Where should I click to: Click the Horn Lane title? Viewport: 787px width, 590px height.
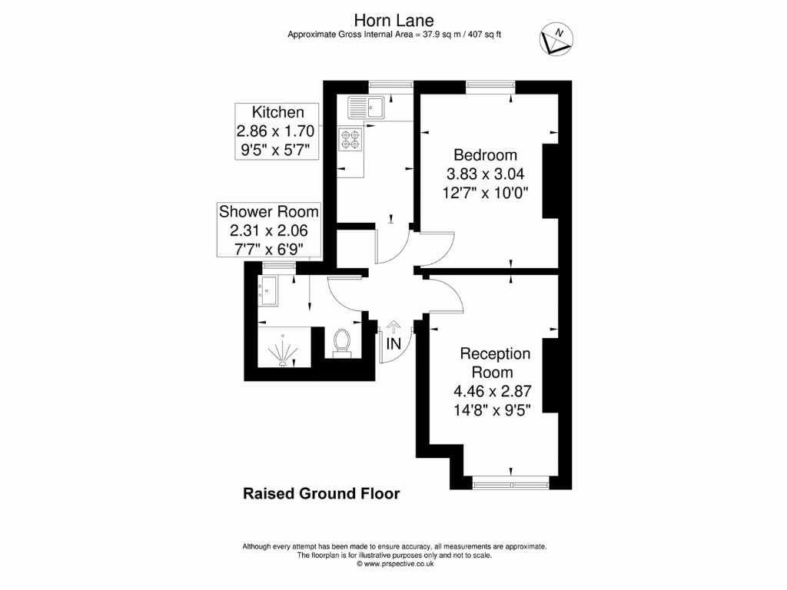click(x=393, y=18)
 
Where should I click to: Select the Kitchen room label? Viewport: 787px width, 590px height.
click(x=274, y=112)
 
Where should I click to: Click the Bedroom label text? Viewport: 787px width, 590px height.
click(x=485, y=154)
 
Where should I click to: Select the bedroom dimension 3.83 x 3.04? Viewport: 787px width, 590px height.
click(x=485, y=173)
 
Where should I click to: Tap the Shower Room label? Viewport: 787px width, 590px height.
click(x=268, y=211)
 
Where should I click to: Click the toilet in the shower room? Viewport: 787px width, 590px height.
click(x=342, y=343)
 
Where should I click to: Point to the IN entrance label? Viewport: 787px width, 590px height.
click(x=393, y=344)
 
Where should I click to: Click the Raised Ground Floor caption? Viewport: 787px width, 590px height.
click(x=321, y=493)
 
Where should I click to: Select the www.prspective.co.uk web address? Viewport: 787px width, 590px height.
click(x=395, y=563)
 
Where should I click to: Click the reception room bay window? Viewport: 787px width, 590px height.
click(x=511, y=483)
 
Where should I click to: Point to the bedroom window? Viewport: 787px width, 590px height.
click(x=490, y=85)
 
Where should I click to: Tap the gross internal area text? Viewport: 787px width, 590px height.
click(x=394, y=34)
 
